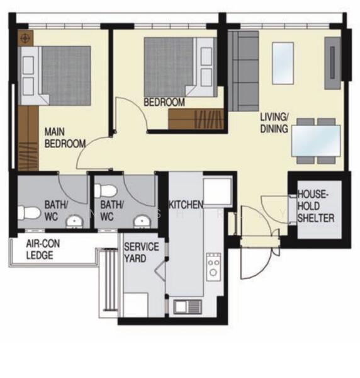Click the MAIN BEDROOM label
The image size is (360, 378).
(64, 138)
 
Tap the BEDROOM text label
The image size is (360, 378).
(164, 102)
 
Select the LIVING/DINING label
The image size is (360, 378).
(274, 123)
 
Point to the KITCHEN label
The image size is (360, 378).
(186, 205)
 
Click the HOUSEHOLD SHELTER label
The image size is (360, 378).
(317, 207)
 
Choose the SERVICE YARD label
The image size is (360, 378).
(141, 252)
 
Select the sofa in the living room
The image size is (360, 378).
(244, 71)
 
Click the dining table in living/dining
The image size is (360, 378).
(317, 140)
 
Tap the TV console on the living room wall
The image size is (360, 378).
(332, 58)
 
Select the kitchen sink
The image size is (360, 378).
(188, 307)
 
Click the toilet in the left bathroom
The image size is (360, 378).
(29, 213)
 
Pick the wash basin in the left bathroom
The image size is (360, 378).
(75, 222)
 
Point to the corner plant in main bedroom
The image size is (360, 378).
(25, 38)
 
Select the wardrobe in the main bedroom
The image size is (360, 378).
(28, 139)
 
